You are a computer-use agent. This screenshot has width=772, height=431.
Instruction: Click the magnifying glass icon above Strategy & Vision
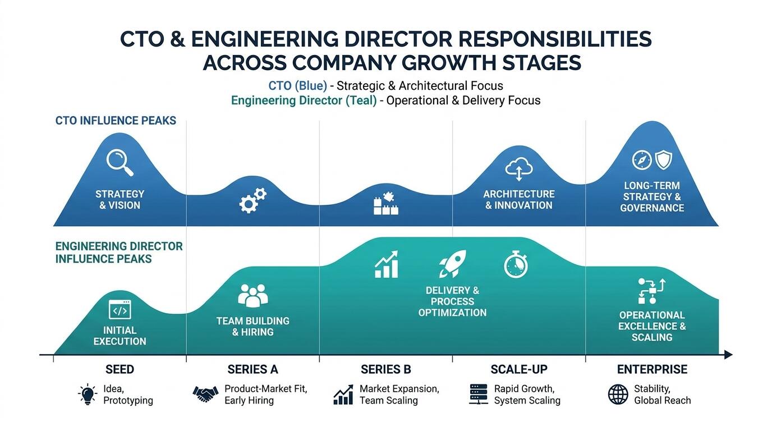click(x=120, y=162)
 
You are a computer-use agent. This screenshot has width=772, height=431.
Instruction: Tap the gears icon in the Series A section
click(x=252, y=200)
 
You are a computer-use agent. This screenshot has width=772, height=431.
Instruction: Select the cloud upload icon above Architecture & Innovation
click(x=518, y=169)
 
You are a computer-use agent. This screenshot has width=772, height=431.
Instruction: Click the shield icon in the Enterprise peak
click(x=663, y=160)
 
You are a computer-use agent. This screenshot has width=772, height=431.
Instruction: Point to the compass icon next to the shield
click(x=642, y=160)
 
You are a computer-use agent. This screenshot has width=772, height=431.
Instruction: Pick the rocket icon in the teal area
click(x=453, y=264)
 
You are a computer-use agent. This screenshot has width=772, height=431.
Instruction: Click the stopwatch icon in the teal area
click(x=516, y=264)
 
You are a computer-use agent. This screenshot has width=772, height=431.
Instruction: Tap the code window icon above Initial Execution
click(x=120, y=310)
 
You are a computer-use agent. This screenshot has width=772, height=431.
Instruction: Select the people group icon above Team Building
click(x=252, y=296)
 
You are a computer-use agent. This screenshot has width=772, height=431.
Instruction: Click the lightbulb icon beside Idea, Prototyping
click(x=88, y=394)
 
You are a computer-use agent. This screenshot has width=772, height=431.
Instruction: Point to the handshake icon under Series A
click(x=205, y=394)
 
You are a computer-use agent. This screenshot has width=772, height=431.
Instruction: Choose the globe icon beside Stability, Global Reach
click(x=618, y=395)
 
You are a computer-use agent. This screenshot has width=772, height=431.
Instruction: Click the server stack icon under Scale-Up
click(x=479, y=394)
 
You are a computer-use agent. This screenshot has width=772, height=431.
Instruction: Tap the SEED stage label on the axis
click(x=120, y=370)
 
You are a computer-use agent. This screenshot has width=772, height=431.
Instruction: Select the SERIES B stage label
click(x=385, y=370)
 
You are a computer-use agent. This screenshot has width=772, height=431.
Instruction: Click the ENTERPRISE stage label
click(x=652, y=370)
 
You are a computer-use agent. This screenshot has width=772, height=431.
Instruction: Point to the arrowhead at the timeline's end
click(x=728, y=355)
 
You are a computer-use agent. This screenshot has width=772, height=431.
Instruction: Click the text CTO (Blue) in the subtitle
click(x=297, y=85)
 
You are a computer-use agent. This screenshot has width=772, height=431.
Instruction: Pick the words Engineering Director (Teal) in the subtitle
click(x=304, y=100)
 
